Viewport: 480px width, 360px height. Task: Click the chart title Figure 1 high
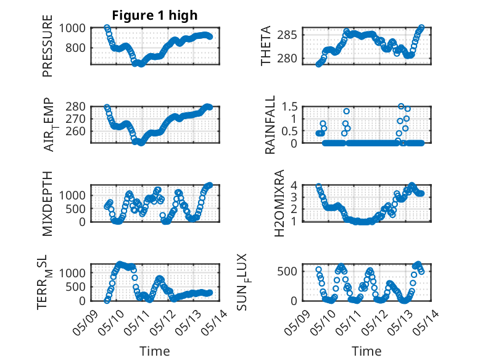coord(155,15)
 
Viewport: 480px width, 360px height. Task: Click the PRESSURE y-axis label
coord(48,46)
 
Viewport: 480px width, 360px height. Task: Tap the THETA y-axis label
coord(266,46)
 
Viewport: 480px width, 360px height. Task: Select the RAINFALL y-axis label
coord(270,125)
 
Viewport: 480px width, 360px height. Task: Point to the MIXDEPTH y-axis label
coord(48,203)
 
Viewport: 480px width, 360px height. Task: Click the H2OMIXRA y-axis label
coord(279,203)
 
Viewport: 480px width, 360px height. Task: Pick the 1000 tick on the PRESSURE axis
coord(72,28)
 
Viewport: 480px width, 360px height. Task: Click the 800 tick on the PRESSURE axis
coord(76,48)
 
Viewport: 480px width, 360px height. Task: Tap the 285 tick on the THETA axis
coord(287,35)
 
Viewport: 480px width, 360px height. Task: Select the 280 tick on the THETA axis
coord(287,58)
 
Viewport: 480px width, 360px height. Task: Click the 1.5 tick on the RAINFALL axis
coord(289,107)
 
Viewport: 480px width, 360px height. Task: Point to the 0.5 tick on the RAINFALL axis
coord(289,131)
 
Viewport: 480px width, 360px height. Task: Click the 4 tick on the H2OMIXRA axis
coord(294,185)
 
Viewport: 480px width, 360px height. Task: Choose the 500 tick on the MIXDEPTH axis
coord(76,209)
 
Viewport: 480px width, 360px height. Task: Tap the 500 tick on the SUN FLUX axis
coord(287,271)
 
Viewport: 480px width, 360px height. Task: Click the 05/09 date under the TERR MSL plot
coord(85,322)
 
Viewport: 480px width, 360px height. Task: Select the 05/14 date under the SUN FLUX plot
coord(426,322)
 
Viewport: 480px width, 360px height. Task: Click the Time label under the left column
coord(155,351)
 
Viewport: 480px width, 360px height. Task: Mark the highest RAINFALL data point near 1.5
coord(401,106)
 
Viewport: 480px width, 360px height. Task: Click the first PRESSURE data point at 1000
coord(107,28)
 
